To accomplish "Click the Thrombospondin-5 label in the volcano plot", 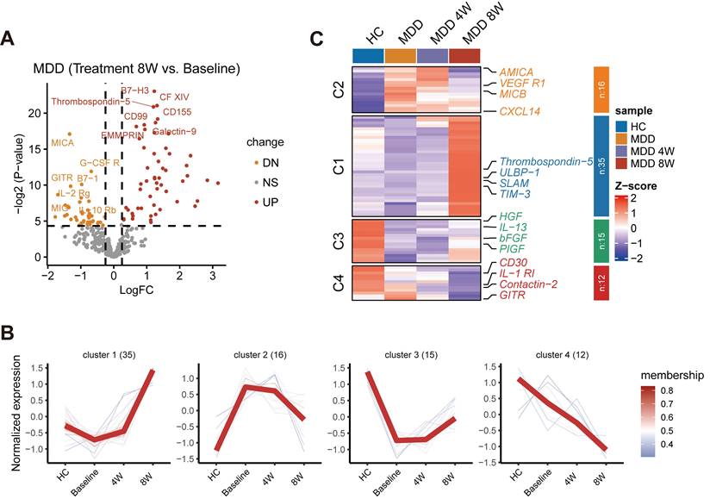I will coord(90,102).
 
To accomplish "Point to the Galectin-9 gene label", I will coord(175,132).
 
